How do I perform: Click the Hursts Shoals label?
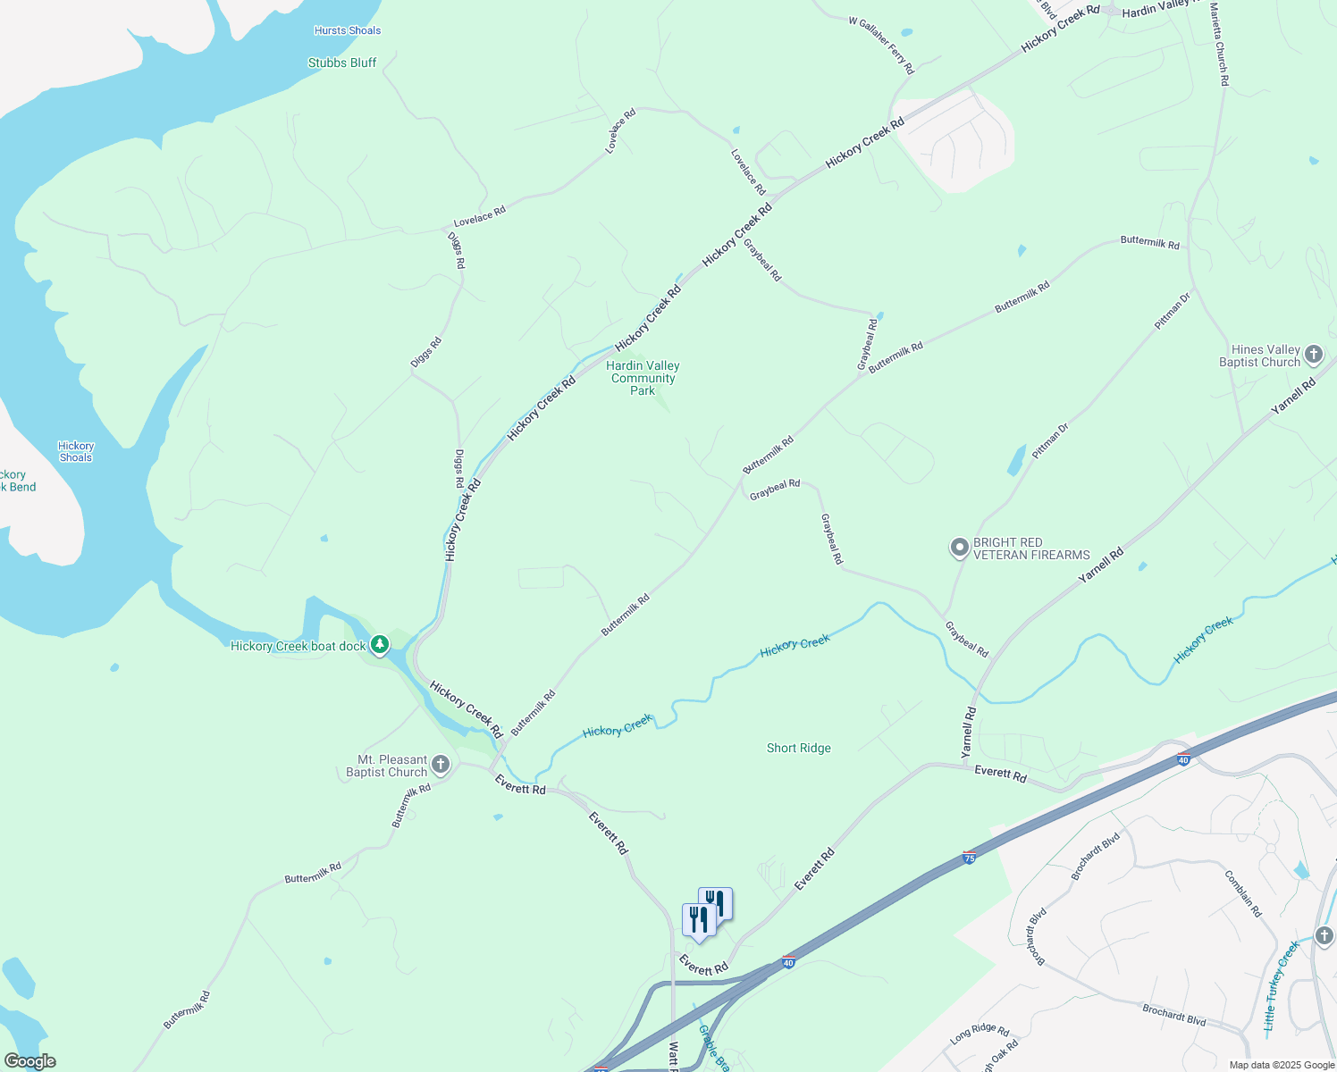348,30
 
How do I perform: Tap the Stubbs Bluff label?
342,63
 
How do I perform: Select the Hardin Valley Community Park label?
643,378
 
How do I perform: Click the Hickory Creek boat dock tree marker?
380,644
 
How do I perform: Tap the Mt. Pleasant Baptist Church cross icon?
440,765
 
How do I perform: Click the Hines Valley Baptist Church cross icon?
1313,355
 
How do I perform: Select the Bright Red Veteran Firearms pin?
959,548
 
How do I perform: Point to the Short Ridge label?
799,748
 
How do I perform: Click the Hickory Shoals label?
76,451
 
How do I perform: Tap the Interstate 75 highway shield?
970,858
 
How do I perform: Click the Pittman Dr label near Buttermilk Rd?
1173,312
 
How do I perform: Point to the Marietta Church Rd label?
1219,45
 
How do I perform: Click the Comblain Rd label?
1243,893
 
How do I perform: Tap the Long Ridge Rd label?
980,1035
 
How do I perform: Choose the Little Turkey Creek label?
1281,985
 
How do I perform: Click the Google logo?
29,1061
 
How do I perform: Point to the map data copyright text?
1281,1065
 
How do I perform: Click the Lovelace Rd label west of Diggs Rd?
480,216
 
